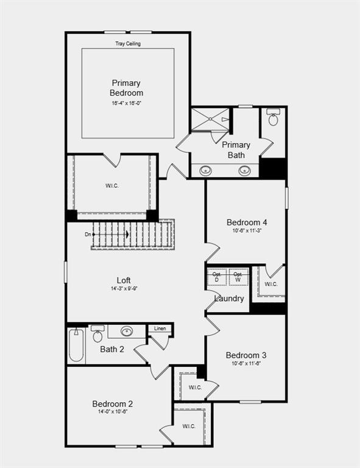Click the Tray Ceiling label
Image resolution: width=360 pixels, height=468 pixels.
click(127, 44)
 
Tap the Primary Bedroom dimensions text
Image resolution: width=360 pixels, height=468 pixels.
click(127, 104)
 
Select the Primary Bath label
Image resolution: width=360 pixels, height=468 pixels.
click(236, 150)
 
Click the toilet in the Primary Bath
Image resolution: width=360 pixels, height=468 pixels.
click(273, 118)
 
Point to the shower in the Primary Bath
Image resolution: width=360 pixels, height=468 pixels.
click(210, 119)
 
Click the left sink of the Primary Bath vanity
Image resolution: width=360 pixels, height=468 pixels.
click(206, 171)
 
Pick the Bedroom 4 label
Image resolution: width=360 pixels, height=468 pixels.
click(247, 222)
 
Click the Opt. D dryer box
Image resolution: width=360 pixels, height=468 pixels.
click(216, 277)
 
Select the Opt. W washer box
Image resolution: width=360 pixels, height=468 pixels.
click(239, 277)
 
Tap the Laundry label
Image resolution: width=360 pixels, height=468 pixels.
click(230, 299)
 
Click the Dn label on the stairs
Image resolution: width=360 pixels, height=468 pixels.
click(88, 234)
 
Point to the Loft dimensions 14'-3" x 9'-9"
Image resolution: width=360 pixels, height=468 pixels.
click(124, 289)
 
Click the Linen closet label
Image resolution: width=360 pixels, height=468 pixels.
click(160, 329)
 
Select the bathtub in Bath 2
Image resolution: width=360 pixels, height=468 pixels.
click(76, 347)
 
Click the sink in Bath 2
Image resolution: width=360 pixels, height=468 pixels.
click(127, 331)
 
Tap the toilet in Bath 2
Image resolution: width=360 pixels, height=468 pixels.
click(97, 336)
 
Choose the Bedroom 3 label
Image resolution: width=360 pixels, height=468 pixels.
click(245, 355)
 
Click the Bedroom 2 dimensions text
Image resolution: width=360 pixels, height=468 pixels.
click(113, 412)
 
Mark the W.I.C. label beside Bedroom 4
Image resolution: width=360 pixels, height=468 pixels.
click(271, 284)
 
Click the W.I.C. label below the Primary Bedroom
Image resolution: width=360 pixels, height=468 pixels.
click(111, 186)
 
